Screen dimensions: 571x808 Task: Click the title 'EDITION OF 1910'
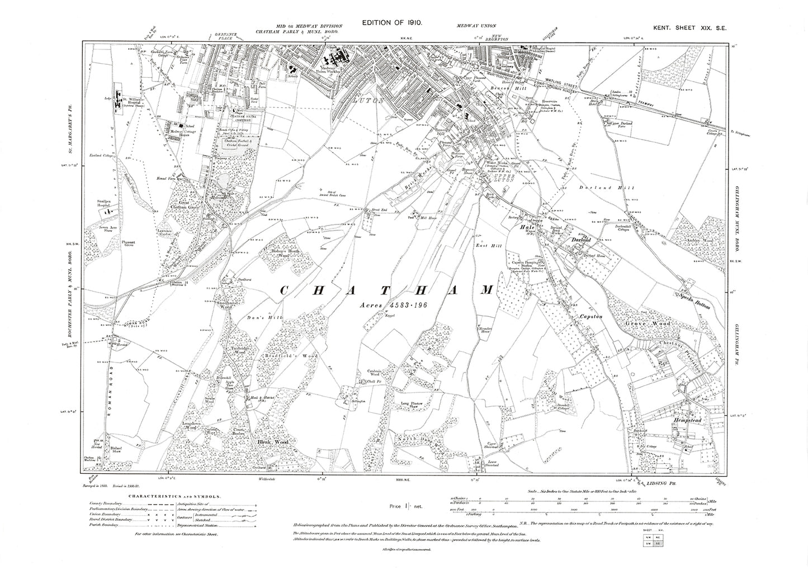click(x=395, y=23)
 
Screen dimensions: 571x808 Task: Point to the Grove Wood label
click(x=650, y=323)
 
